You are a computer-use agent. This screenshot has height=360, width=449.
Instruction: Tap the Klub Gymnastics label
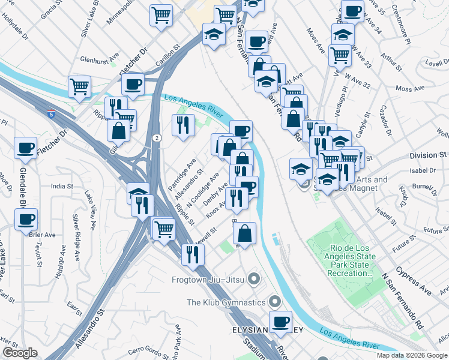pos(226,302)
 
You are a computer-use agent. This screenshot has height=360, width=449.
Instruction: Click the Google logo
pos(19,353)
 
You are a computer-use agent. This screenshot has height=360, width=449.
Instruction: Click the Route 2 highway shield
pos(155,138)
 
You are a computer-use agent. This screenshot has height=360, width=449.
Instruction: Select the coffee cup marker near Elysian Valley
pos(280,322)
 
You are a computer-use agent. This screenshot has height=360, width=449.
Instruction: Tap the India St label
pos(61,186)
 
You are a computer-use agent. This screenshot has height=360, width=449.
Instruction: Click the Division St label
pos(424,155)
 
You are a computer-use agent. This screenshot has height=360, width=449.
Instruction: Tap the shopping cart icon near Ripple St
pos(163,228)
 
